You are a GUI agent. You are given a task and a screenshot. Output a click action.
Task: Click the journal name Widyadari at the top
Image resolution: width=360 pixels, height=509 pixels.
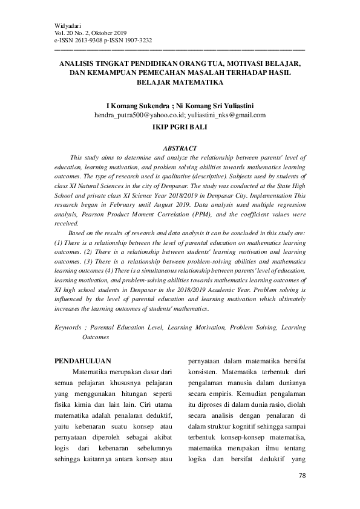point(67,24)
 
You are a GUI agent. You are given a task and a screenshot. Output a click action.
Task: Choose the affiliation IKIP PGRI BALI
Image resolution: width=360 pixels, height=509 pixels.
point(180,128)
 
